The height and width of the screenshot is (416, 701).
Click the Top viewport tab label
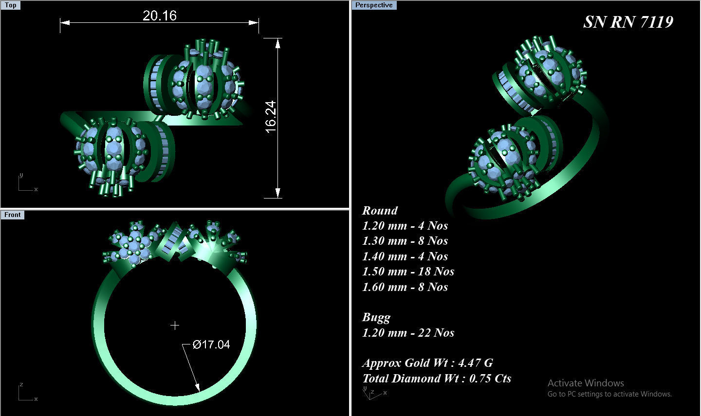[10, 5]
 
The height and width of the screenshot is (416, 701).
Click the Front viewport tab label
[12, 215]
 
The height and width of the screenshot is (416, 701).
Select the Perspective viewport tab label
[373, 5]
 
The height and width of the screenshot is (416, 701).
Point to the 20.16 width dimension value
[160, 16]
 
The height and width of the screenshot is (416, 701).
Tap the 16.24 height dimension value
[271, 117]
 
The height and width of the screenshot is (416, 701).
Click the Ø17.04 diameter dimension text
[211, 344]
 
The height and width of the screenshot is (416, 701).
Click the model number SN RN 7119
[628, 22]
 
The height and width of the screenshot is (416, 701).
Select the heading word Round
[380, 211]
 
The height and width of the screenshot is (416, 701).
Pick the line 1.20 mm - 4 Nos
[405, 226]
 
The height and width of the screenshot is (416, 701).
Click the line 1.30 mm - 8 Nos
[405, 241]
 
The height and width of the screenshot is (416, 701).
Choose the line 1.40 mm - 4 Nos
[405, 256]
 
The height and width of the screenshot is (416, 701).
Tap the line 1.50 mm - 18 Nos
[408, 271]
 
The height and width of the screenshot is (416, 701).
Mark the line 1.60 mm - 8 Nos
[405, 287]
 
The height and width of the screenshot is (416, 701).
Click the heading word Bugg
[376, 317]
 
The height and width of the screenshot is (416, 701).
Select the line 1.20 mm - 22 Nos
[408, 333]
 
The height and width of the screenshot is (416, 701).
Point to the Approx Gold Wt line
[427, 363]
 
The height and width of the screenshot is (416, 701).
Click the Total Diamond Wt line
[437, 379]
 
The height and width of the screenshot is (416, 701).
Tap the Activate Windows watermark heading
[586, 383]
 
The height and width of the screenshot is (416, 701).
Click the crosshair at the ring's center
[175, 326]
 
